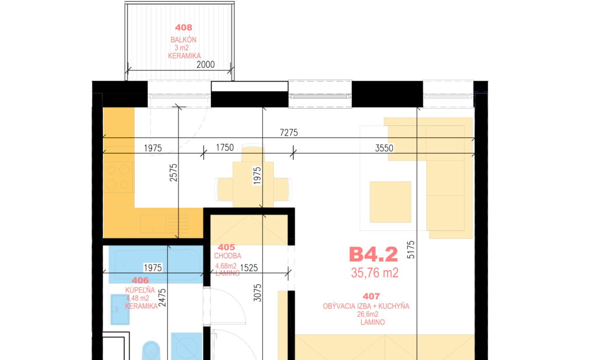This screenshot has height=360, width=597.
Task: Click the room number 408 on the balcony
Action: click(184, 27)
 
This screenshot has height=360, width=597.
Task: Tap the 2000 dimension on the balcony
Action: click(205, 65)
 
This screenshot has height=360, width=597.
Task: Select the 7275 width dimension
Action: click(289, 133)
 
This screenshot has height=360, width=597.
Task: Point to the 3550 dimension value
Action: click(384, 148)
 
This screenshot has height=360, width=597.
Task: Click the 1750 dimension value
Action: click(224, 148)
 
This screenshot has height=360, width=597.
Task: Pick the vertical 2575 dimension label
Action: click(173, 172)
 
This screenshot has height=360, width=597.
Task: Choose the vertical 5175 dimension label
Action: click(411, 249)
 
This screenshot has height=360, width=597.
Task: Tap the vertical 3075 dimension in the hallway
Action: click(257, 293)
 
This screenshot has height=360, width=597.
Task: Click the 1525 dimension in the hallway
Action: click(249, 268)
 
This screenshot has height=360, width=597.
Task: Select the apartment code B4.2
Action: click(374, 255)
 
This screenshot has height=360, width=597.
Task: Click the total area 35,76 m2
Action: click(375, 273)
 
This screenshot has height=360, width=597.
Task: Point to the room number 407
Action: click(371, 296)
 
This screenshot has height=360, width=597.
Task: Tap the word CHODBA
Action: click(227, 256)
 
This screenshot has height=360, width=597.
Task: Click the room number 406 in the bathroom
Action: click(140, 280)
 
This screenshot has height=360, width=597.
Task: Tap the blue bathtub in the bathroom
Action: click(156, 264)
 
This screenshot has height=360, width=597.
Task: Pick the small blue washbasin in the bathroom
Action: click(120, 309)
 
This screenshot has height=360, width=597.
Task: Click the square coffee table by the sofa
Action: click(390, 202)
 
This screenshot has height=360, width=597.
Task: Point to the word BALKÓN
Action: click(184, 40)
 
